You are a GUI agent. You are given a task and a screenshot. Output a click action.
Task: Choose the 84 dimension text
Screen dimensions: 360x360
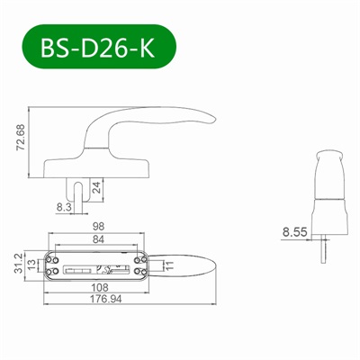pos(100,238)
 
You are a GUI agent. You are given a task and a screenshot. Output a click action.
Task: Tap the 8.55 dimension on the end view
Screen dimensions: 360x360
pos(295,231)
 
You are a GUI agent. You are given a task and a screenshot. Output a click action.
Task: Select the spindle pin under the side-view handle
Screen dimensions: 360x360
pos(85,192)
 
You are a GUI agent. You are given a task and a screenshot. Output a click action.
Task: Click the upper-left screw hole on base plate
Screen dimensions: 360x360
pos(55,256)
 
